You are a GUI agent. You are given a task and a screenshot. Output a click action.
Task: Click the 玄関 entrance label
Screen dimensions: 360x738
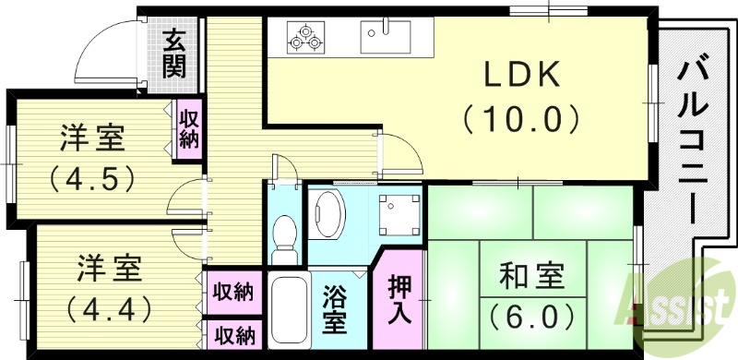(x=174, y=53)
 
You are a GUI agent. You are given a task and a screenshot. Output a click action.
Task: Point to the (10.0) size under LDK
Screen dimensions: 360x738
(x=522, y=118)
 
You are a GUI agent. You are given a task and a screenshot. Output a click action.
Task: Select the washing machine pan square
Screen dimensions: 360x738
(x=399, y=213)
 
